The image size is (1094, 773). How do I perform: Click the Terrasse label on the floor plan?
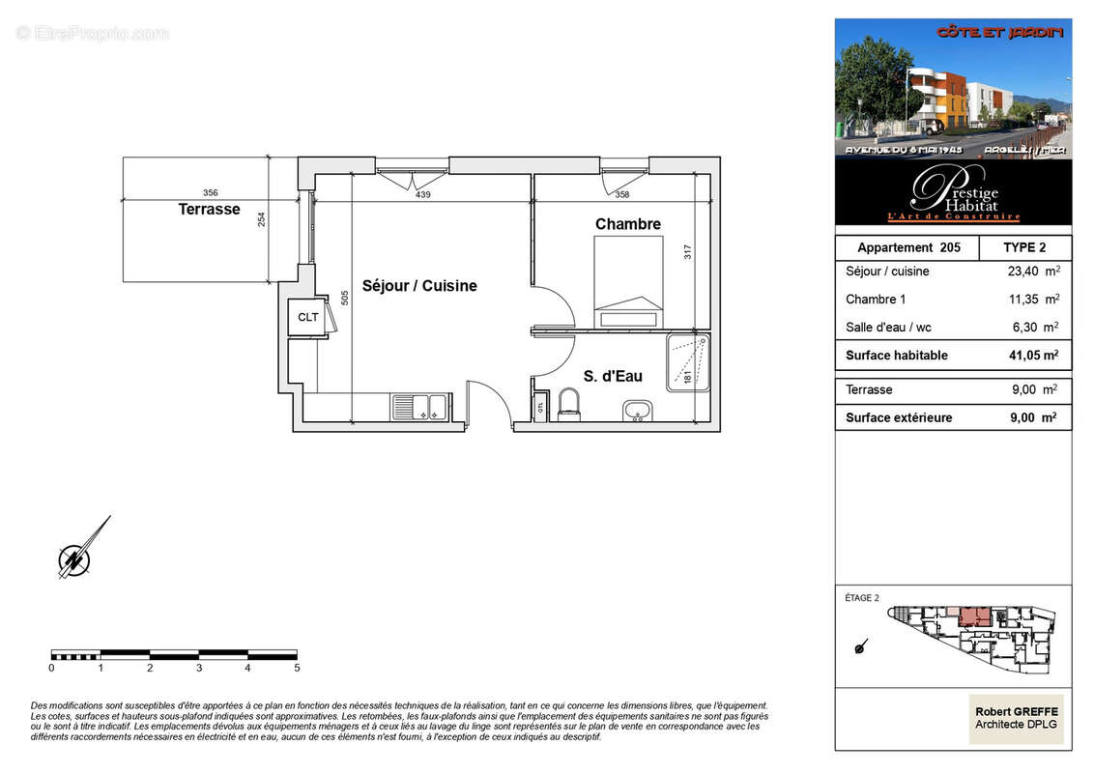pos(209,209)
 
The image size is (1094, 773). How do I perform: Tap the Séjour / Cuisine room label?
pos(419,286)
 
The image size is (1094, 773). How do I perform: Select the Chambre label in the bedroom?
pos(628,224)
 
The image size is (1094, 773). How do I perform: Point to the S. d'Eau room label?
pos(613,376)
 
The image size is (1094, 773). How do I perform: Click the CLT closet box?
pos(308,317)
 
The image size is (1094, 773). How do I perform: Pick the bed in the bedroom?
pos(628,284)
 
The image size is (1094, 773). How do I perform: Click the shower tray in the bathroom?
pos(688,362)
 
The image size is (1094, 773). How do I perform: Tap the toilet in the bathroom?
pos(568,404)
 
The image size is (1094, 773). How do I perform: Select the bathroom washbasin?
pos(636,412)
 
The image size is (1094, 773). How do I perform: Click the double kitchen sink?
pos(420,407)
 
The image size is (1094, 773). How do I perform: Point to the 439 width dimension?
pos(422,194)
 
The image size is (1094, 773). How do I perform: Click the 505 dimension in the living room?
pos(345,299)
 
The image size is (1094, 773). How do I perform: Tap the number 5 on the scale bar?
pos(297,668)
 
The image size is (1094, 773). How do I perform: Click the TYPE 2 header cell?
pos(1024,247)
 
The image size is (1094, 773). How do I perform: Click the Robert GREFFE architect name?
pos(1017,712)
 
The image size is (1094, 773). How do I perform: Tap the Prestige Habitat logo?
pos(953,191)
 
